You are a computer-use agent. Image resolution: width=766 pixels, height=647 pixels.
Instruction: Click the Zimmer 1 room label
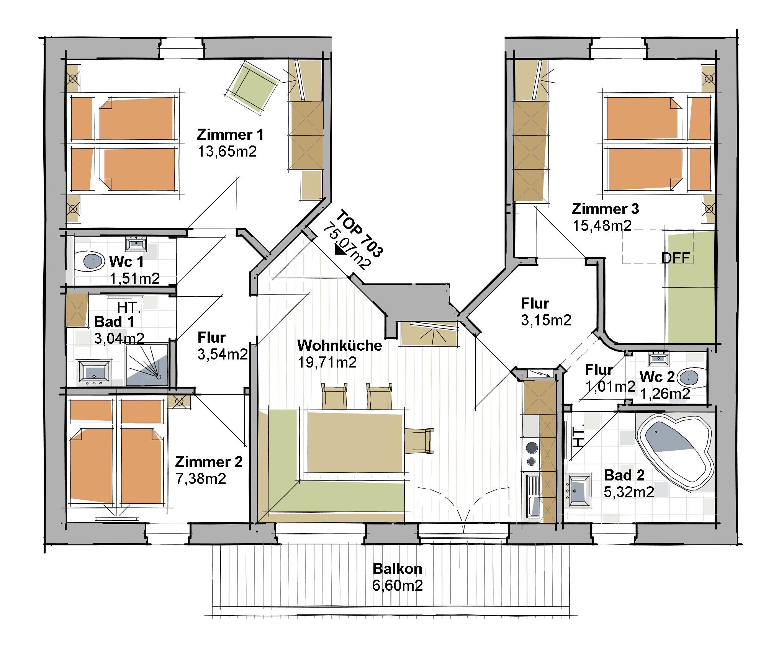(x=230, y=135)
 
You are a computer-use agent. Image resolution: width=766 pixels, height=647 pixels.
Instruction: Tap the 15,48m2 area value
(x=602, y=225)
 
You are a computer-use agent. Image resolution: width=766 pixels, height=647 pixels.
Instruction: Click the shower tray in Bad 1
(x=147, y=364)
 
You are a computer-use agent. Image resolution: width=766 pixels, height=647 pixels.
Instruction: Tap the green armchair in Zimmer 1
(x=252, y=86)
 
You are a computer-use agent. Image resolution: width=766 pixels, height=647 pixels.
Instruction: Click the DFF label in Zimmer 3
(x=676, y=258)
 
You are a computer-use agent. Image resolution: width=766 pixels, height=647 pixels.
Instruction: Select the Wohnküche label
(x=339, y=345)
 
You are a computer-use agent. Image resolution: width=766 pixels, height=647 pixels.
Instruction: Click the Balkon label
(x=398, y=569)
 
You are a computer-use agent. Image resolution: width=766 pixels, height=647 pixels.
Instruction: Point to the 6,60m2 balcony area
(x=398, y=586)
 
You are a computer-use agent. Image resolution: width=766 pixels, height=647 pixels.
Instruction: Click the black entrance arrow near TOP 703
(x=340, y=250)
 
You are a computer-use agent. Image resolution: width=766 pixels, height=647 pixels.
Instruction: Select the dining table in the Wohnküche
(x=356, y=442)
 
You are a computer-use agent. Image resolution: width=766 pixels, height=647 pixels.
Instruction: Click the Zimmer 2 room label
(x=209, y=462)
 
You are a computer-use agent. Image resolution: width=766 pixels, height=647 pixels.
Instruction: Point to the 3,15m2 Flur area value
(x=546, y=320)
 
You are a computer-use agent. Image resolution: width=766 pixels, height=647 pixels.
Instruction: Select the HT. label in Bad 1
(x=129, y=307)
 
